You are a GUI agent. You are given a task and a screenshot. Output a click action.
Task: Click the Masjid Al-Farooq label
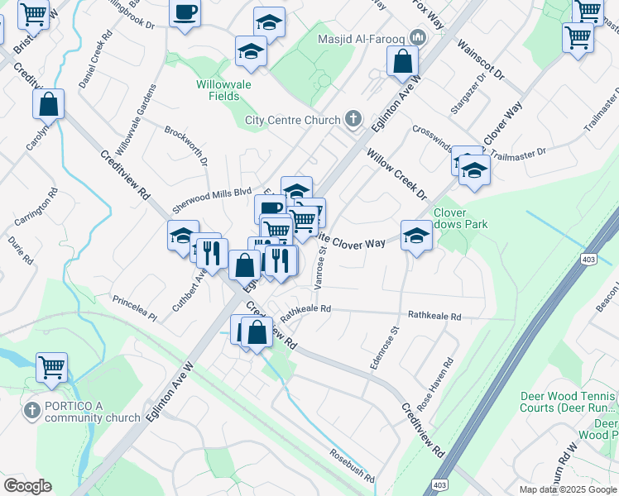point(363,39)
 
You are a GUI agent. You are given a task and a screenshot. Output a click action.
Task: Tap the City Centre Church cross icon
point(353,119)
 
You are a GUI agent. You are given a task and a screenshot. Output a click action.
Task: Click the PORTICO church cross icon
point(31,410)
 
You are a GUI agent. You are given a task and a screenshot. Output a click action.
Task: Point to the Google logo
point(27,486)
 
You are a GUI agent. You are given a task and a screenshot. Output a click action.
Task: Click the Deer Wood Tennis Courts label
point(567,403)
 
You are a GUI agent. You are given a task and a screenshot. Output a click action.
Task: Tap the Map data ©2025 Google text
point(569,489)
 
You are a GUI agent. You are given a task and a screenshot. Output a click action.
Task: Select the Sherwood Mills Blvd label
point(211,197)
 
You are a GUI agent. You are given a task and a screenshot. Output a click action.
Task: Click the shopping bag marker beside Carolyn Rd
point(49,104)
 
